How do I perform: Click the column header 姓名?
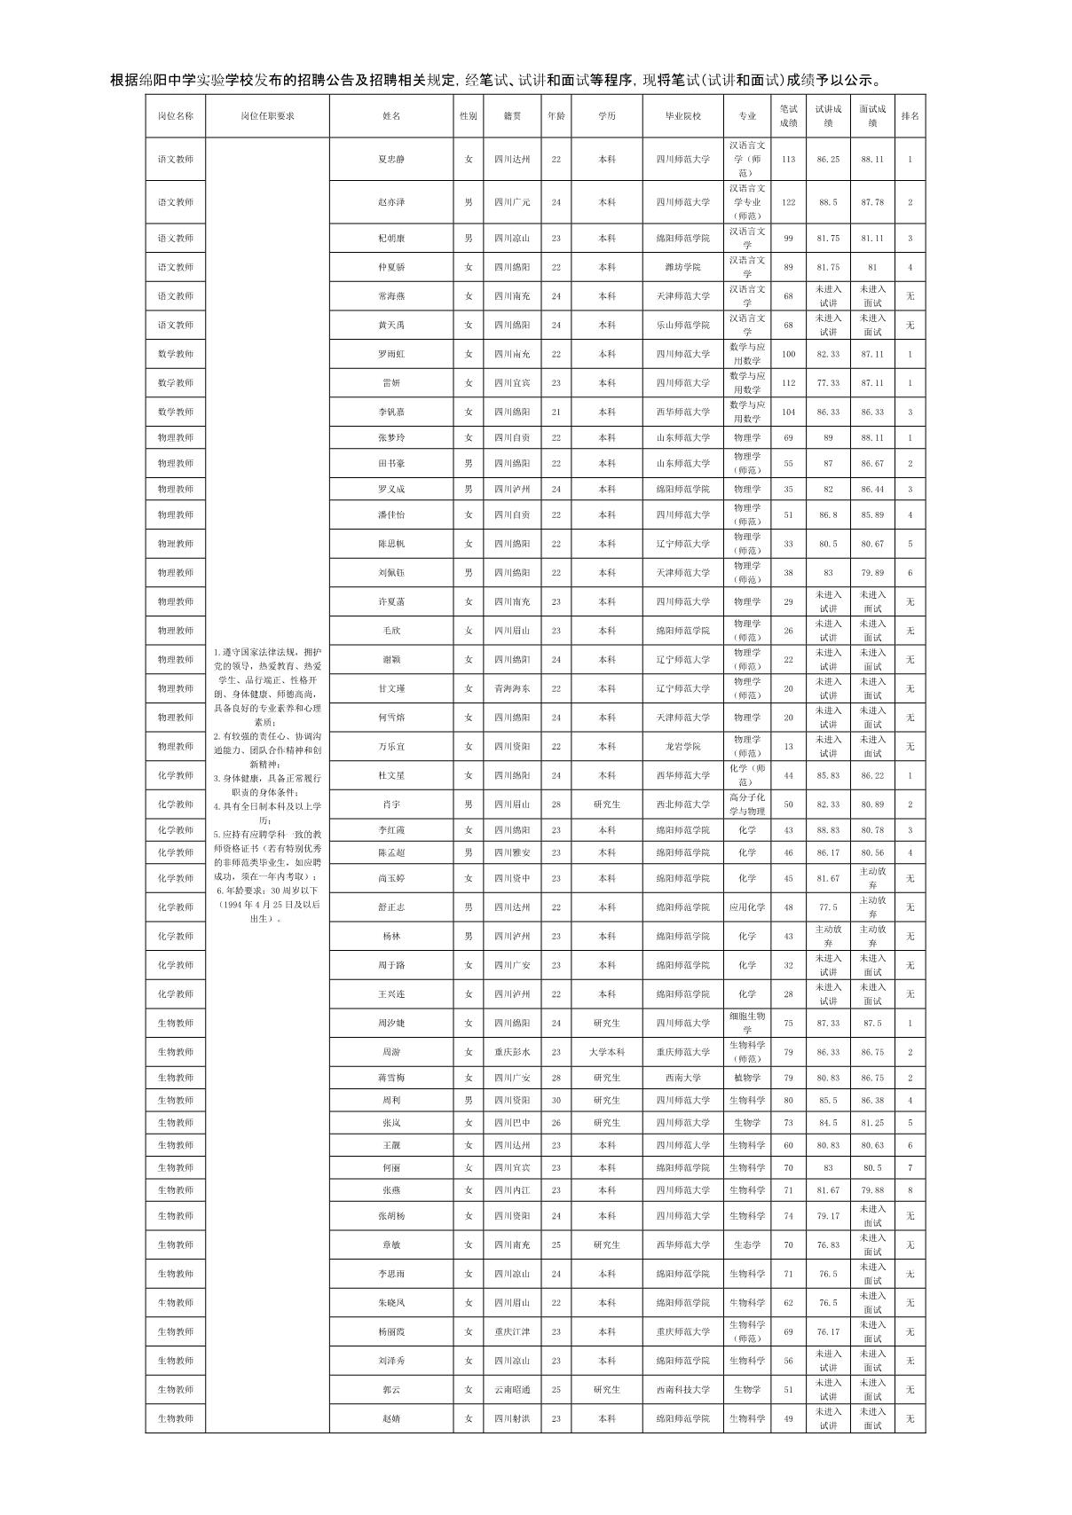click(x=390, y=116)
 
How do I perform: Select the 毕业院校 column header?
click(x=682, y=116)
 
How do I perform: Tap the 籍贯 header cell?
click(x=512, y=116)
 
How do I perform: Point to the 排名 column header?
click(x=910, y=116)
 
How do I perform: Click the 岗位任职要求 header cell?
click(x=267, y=116)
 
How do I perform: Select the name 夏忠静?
click(x=390, y=160)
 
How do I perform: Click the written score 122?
click(x=788, y=202)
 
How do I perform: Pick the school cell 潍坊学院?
click(x=682, y=267)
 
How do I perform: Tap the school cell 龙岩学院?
click(x=682, y=747)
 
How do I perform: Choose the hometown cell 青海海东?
click(x=512, y=688)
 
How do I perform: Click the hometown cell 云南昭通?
click(x=512, y=1389)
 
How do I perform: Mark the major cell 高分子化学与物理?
click(x=747, y=805)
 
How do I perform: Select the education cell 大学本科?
click(x=607, y=1052)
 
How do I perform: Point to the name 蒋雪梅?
click(x=390, y=1078)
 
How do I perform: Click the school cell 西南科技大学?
click(x=682, y=1389)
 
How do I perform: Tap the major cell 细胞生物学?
click(x=747, y=1023)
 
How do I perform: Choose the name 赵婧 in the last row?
click(x=390, y=1418)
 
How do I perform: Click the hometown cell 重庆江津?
click(x=512, y=1331)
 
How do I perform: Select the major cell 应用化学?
click(x=747, y=907)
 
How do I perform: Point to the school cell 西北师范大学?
click(x=682, y=805)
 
